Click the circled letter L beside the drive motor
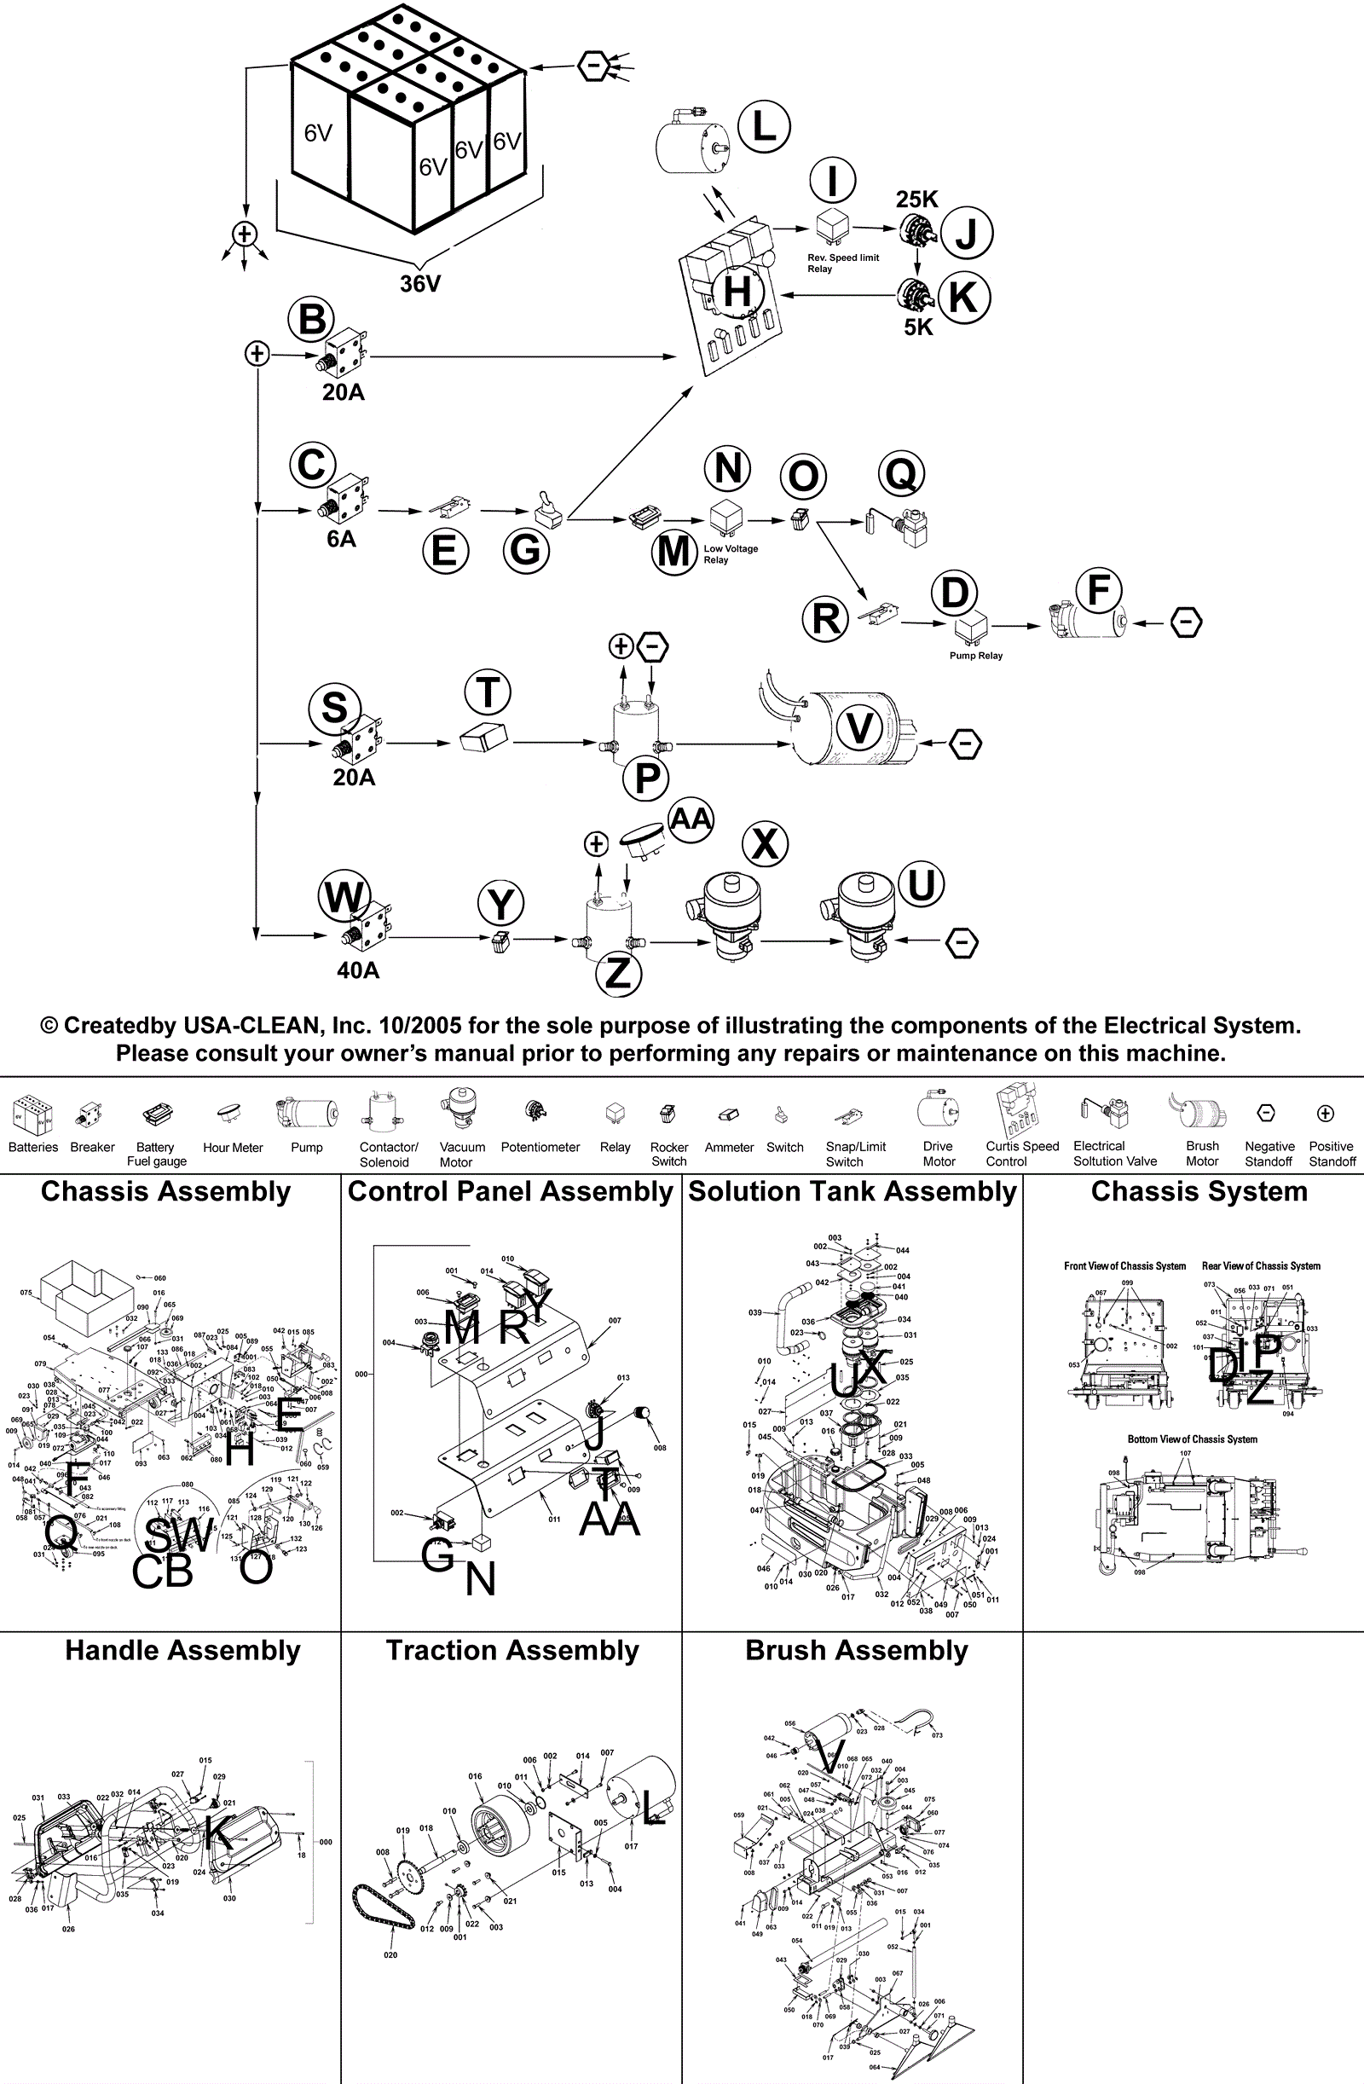(764, 126)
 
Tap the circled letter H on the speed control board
(737, 291)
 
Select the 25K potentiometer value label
(916, 200)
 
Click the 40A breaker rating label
(358, 970)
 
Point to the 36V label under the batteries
(420, 284)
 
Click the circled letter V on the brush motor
(859, 728)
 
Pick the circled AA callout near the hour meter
(691, 819)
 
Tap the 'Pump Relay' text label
(976, 656)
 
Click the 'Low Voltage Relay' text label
(730, 554)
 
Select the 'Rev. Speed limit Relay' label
(842, 263)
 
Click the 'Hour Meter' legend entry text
(233, 1148)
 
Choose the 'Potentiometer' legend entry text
(540, 1147)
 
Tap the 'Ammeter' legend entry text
(729, 1147)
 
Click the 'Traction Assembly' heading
(512, 1651)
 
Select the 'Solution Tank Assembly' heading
(852, 1192)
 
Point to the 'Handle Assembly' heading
(182, 1651)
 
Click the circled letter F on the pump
(1099, 590)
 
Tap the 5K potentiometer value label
(918, 327)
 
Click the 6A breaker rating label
(342, 540)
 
